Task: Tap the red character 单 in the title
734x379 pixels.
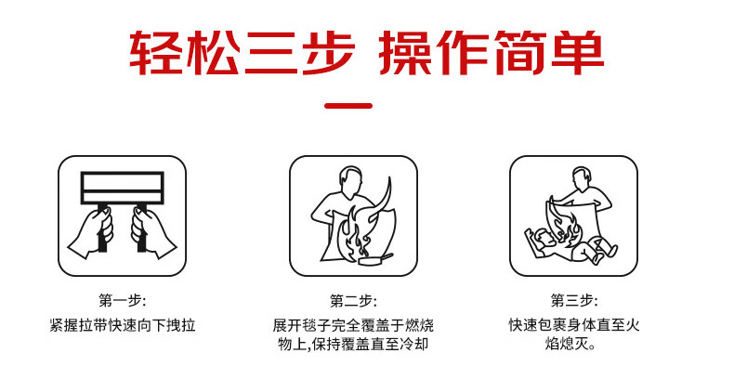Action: pos(576,52)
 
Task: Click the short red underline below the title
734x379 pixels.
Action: pos(348,106)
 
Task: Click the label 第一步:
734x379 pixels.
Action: pos(122,301)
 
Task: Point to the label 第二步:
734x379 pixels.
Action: pos(353,301)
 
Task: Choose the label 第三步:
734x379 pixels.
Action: pos(574,301)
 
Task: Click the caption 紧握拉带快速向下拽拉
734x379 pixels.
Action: pos(122,325)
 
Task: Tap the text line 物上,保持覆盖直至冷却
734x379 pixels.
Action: pos(353,345)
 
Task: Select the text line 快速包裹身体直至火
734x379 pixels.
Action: pos(574,325)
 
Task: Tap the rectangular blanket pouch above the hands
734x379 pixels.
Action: pos(122,188)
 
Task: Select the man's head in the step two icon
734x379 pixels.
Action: pos(351,179)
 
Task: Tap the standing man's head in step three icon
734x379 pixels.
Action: pos(582,178)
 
